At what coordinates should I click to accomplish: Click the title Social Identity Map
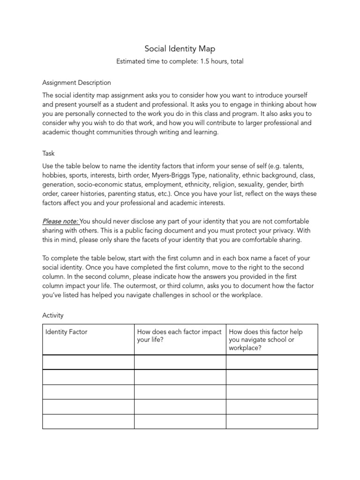click(180, 48)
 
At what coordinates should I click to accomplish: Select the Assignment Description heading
click(76, 83)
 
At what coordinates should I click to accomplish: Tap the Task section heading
click(49, 153)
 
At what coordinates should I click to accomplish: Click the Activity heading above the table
click(52, 315)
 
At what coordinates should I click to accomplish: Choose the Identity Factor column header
click(66, 332)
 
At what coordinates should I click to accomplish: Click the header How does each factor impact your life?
click(180, 336)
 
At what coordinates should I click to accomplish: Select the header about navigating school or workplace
click(266, 340)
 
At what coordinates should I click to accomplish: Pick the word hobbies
click(54, 175)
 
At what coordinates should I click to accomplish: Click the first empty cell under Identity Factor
click(88, 362)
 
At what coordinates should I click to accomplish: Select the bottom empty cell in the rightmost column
click(272, 421)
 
